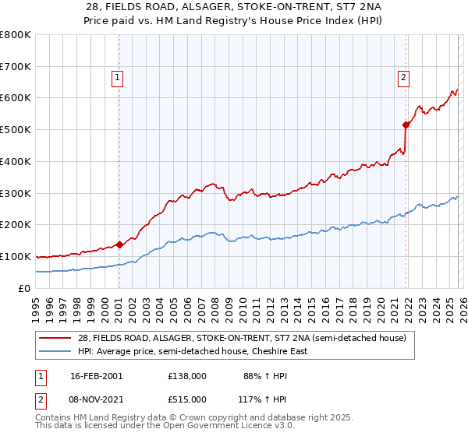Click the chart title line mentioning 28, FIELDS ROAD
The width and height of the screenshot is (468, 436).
tap(233, 6)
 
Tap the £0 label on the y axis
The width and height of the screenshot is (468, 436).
tap(25, 288)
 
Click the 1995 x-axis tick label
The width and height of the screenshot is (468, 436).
tap(36, 309)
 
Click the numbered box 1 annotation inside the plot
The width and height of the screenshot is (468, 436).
tap(117, 77)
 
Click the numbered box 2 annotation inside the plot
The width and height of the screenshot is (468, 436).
tap(403, 77)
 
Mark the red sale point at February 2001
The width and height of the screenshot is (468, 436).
tap(119, 244)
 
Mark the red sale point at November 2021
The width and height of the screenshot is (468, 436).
tap(406, 125)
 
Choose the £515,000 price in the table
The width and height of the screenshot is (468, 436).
tap(186, 399)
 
